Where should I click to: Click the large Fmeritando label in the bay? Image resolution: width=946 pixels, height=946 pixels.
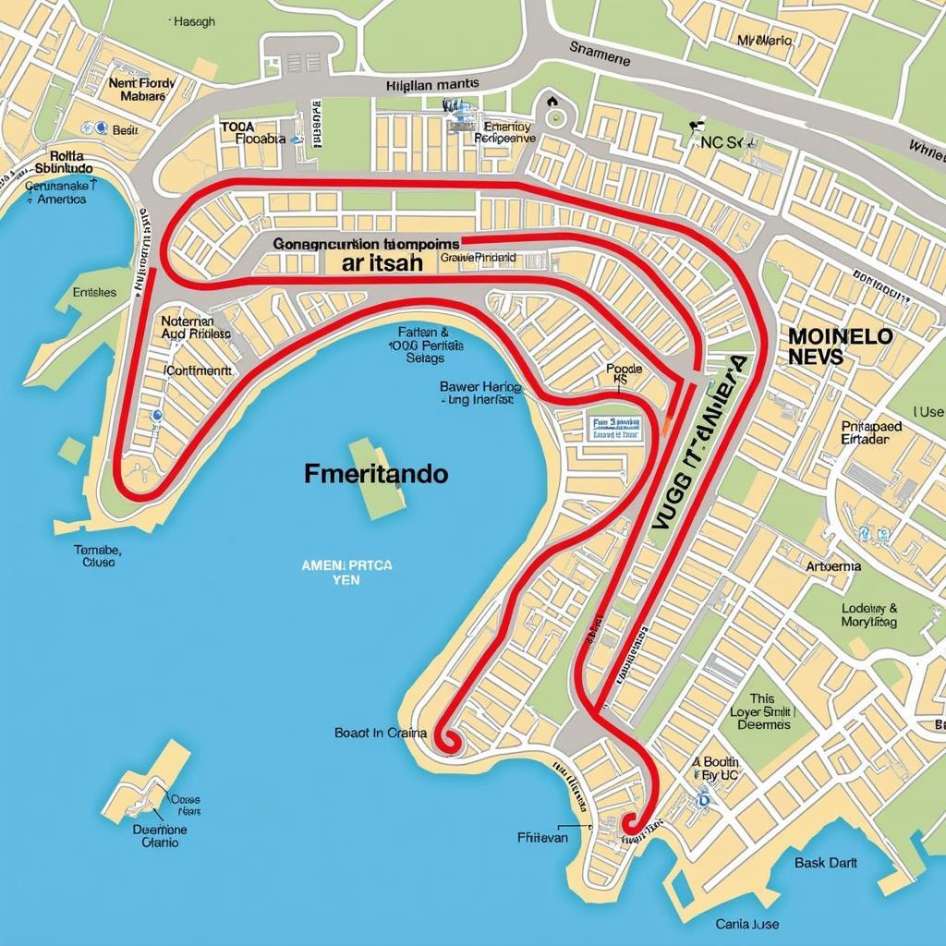(376, 475)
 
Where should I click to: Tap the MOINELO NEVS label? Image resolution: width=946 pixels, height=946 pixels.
(841, 346)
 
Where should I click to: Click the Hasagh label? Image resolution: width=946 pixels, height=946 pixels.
(194, 22)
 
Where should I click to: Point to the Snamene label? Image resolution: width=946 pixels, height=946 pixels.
(600, 56)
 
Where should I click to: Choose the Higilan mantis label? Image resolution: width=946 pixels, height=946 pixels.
(431, 84)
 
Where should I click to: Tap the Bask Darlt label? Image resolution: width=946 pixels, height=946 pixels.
(826, 863)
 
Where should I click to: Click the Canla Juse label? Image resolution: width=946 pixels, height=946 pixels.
(746, 923)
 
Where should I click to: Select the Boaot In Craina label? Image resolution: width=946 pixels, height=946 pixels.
(381, 733)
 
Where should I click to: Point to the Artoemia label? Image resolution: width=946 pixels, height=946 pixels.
(833, 566)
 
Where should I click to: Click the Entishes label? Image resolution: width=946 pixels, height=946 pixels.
(93, 292)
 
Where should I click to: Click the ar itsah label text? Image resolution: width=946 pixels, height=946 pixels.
(382, 263)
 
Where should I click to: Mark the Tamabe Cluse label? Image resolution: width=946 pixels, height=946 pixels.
(97, 554)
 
